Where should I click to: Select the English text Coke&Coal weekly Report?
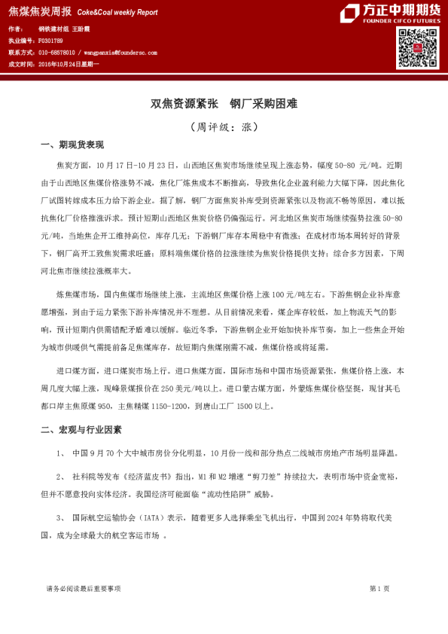117,12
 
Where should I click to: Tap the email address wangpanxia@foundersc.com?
120,53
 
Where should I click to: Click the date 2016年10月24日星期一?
69,64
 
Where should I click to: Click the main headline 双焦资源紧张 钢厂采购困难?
224,103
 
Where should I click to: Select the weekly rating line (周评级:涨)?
224,126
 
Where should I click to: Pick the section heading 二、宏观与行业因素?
81,429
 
